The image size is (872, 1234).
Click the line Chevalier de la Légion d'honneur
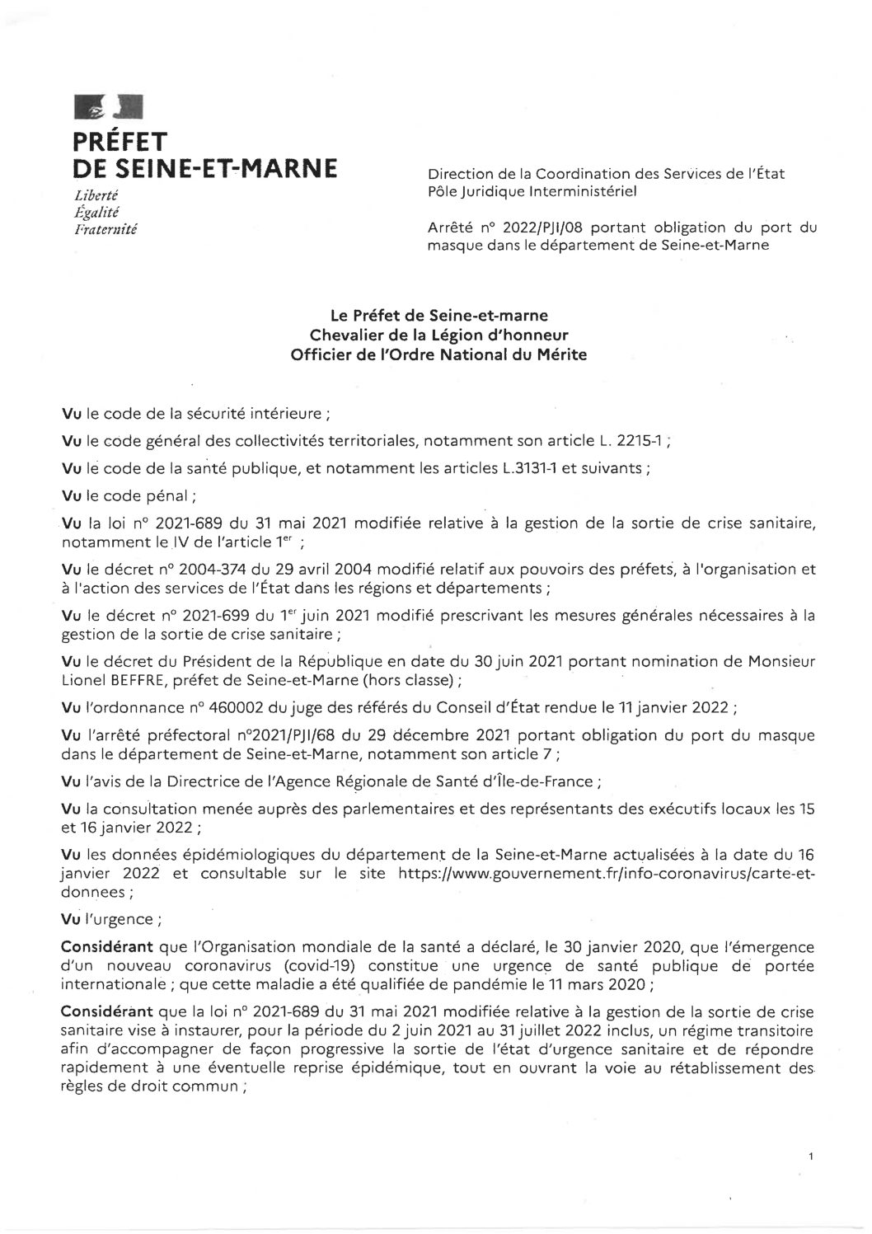click(x=438, y=334)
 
